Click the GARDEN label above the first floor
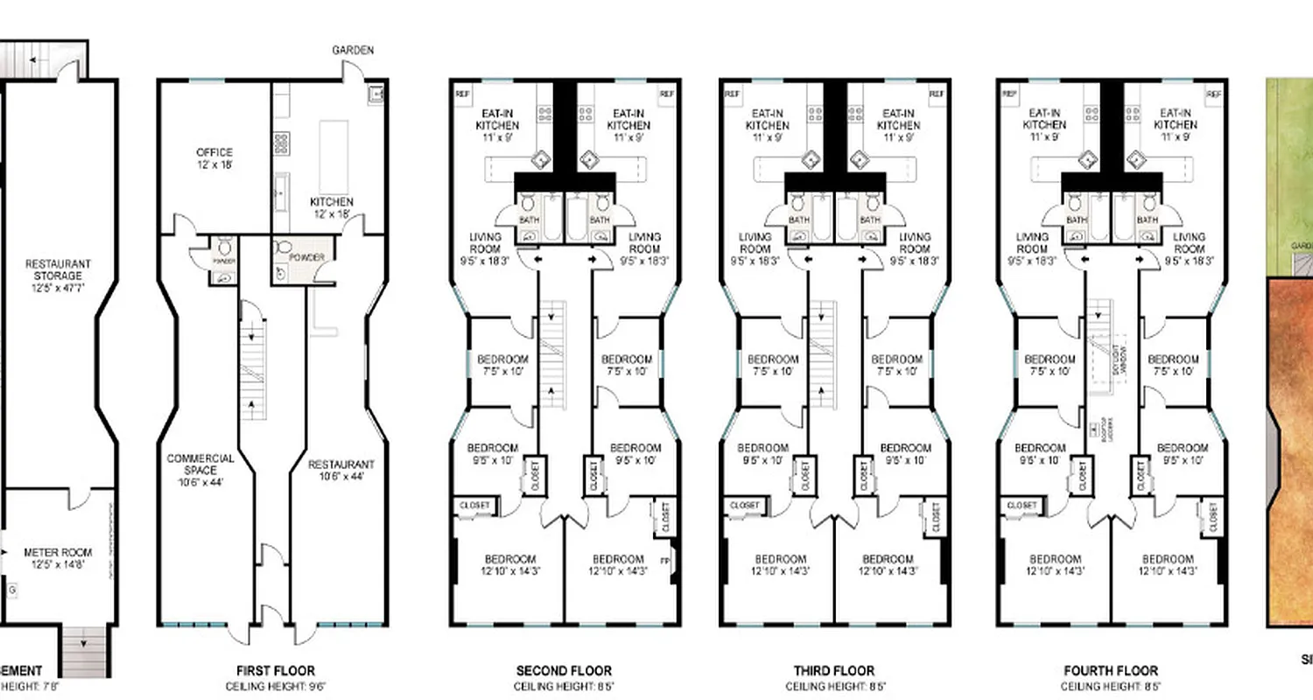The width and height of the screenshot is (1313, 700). point(353,50)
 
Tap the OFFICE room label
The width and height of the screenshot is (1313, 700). point(214,158)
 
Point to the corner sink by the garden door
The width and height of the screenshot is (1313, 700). point(376,92)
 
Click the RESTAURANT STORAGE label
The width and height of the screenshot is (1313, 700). point(58,269)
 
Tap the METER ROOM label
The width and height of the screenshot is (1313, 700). point(58,558)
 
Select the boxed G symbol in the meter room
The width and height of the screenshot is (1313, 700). point(12,592)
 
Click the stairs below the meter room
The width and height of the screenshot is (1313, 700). point(86,651)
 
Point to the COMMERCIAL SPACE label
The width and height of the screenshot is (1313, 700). point(200,470)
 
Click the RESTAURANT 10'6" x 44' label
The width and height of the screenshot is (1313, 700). point(341,471)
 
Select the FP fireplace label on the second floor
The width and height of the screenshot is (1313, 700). point(664,559)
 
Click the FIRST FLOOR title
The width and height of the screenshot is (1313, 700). point(270,671)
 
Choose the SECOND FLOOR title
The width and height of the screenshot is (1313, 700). point(563,671)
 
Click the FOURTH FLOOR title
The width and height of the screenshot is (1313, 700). point(1111,671)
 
